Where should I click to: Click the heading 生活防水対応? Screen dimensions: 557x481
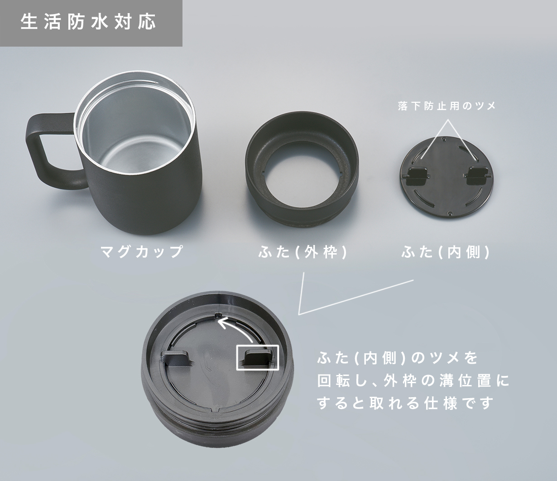pos(88,22)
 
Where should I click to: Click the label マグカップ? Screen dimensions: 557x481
pos(141,251)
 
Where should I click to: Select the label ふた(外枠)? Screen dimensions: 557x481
pos(303,252)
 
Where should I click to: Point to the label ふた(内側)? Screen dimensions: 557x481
pos(445,252)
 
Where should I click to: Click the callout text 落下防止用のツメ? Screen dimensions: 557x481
pos(447,106)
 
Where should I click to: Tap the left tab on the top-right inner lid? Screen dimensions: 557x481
pos(416,176)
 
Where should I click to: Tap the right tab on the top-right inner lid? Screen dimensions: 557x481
pos(477,176)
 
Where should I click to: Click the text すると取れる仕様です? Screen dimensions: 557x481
pos(405,403)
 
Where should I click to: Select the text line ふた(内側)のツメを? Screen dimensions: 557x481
pos(398,358)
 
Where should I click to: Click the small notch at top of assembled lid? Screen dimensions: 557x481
pos(219,315)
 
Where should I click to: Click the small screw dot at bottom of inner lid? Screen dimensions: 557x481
pos(450,213)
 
